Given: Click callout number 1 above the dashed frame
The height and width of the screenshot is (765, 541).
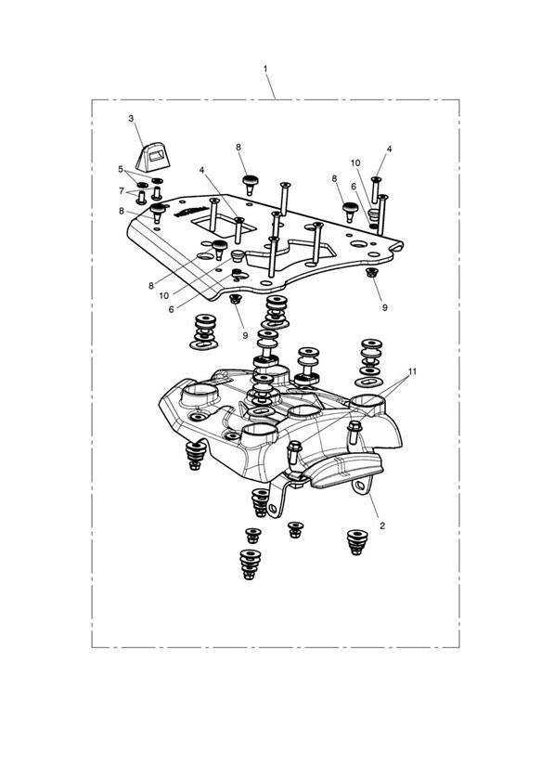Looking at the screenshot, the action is (265, 70).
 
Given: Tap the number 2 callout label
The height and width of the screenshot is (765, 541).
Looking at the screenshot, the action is (382, 525).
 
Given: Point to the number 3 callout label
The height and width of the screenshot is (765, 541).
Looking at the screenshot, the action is (131, 119).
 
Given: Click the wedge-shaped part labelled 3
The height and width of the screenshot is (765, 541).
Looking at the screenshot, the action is (153, 157).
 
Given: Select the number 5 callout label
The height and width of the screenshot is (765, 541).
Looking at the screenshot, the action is (121, 169).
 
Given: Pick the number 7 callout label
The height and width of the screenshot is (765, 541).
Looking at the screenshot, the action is (122, 191).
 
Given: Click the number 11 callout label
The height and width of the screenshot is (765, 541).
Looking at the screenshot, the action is (412, 371).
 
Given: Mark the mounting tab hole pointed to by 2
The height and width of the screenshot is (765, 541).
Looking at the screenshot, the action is (360, 485).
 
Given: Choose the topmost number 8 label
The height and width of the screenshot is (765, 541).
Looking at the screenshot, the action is (238, 148).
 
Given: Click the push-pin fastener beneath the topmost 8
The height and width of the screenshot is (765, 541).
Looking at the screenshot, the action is (250, 184).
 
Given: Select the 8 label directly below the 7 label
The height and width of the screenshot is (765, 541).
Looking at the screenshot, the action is (122, 212).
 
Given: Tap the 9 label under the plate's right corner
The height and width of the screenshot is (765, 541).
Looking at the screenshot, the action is (384, 308).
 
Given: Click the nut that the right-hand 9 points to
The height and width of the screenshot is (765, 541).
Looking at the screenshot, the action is (371, 272).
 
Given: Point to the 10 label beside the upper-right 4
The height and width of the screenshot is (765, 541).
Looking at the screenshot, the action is (355, 163).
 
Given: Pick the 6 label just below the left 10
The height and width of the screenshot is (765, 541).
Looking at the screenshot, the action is (172, 309).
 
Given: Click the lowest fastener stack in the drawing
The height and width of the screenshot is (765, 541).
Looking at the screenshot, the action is (250, 564).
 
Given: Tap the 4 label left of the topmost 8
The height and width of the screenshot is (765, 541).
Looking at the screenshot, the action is (201, 170).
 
